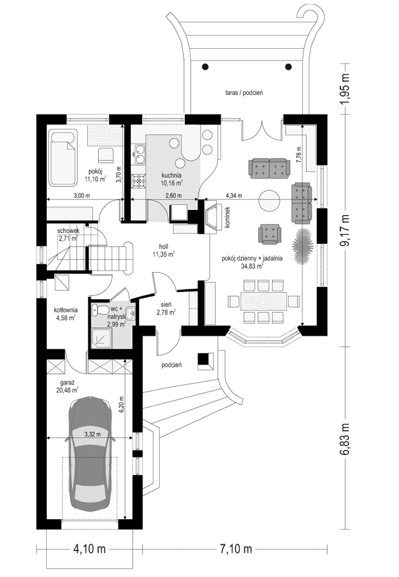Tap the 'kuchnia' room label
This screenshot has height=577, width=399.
point(172,175)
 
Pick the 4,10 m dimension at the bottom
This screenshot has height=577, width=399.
point(89,549)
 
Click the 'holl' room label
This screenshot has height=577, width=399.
point(164,246)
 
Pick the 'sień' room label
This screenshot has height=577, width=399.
point(166,307)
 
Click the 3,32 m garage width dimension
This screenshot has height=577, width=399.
point(92,434)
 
